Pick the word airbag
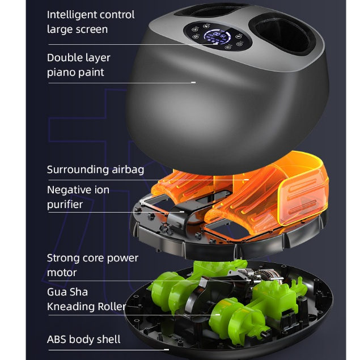tap(128, 170)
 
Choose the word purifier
tap(65, 205)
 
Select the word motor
tap(62, 272)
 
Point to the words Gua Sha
tap(67, 293)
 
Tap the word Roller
tap(112, 307)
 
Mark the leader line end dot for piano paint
tap(193, 82)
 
